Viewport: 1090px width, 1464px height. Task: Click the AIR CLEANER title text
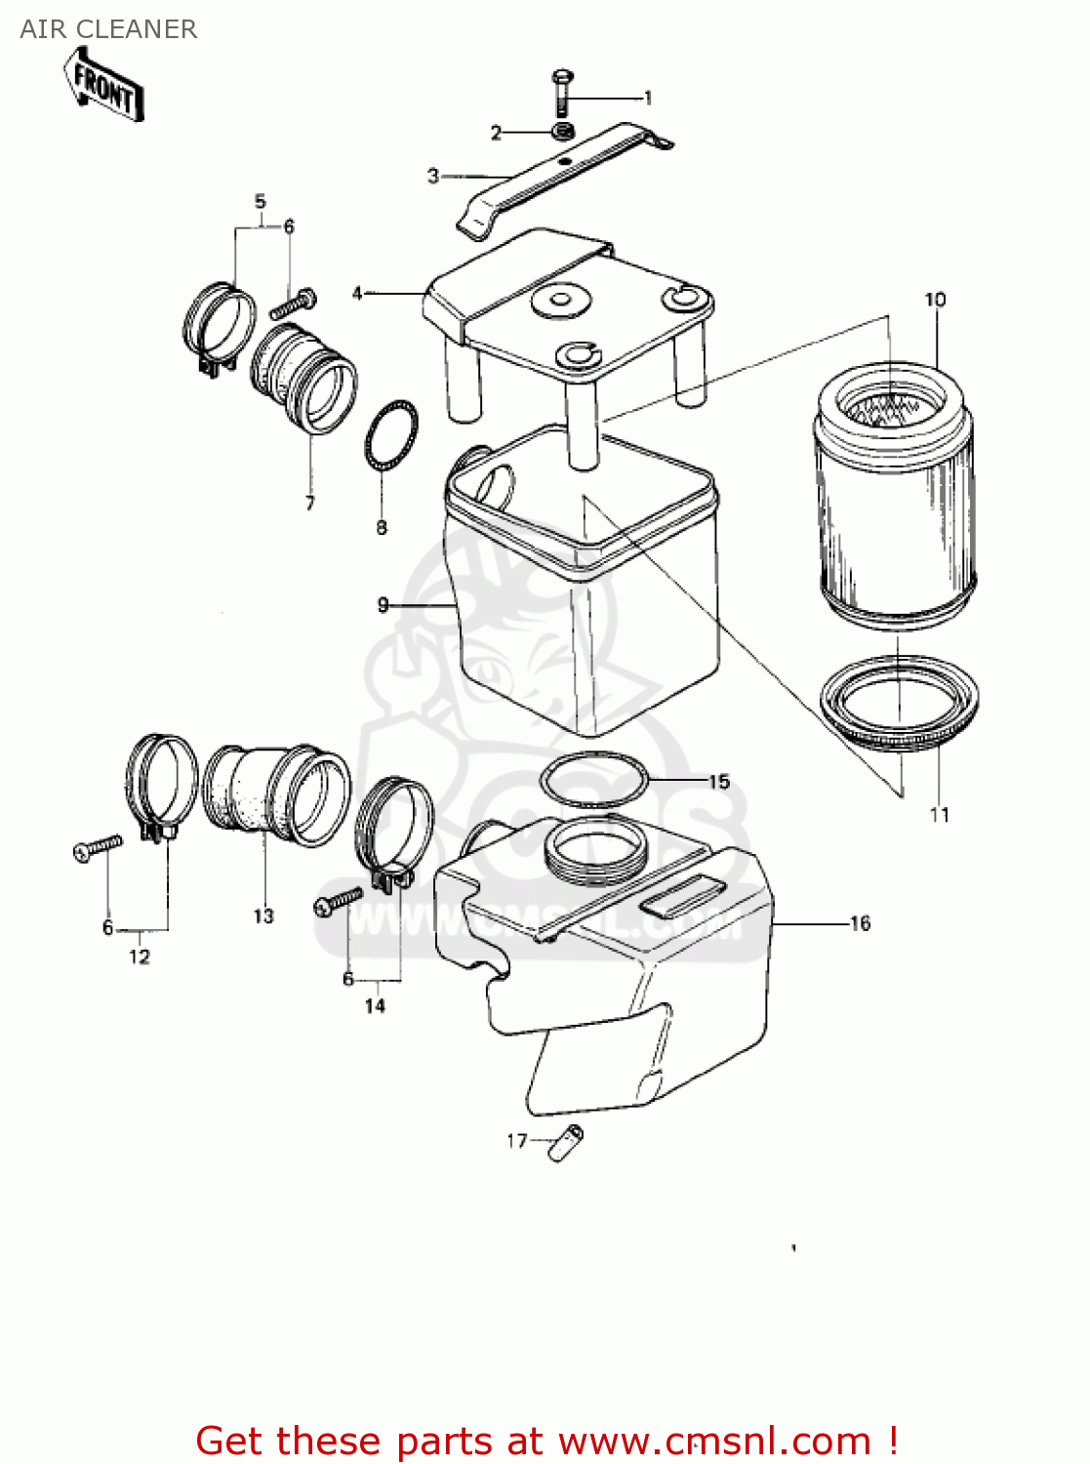108,29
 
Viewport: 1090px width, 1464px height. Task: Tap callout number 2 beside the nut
496,133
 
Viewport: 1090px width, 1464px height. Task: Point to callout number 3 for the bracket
433,176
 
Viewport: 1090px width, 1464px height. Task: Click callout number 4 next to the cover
357,293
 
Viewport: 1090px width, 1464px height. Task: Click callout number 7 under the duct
310,504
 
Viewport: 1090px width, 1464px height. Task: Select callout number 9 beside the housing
384,605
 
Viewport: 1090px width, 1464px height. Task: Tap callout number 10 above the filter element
935,300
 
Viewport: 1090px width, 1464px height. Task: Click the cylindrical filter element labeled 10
895,488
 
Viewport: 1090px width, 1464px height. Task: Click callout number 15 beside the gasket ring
719,782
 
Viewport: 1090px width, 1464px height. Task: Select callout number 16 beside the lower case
860,923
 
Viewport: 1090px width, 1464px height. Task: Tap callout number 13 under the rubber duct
263,915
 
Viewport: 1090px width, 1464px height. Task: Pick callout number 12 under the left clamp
140,956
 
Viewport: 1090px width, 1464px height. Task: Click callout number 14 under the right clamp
375,1005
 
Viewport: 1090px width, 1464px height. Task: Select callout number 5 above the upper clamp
260,202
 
